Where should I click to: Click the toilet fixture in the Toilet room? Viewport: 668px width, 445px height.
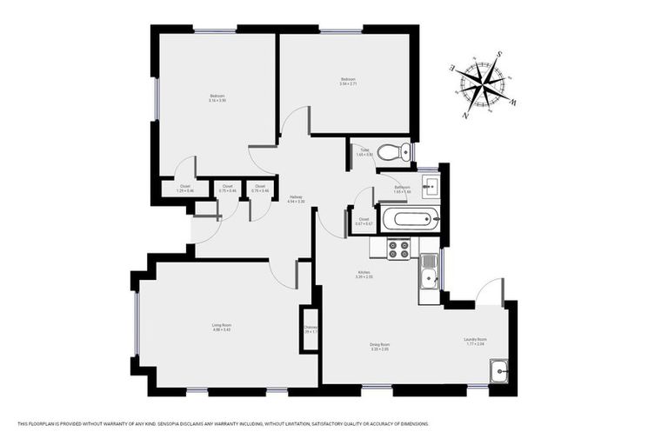coord(397,152)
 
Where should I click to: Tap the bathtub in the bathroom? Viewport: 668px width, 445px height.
coord(410,218)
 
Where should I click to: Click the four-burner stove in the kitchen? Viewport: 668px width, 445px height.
coord(398,250)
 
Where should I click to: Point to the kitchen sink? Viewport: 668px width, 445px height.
coord(428,278)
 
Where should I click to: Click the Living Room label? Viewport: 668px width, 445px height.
coord(221,328)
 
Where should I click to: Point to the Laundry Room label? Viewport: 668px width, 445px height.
coord(475,341)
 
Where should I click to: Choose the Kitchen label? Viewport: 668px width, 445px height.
coord(364,274)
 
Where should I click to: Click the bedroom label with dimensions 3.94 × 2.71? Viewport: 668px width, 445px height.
coord(348,82)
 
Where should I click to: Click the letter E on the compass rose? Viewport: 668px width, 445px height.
coord(451,67)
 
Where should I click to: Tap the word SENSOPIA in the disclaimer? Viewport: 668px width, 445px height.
coord(197,424)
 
